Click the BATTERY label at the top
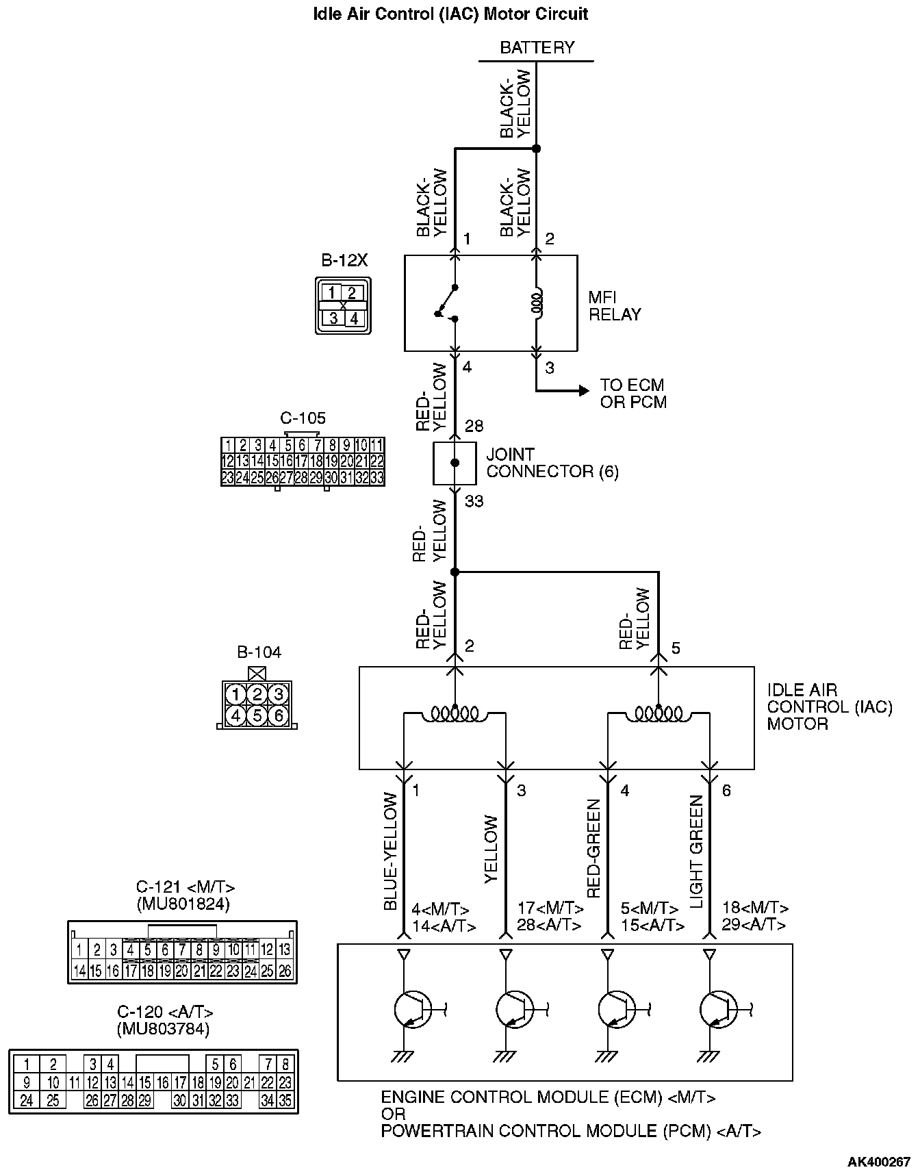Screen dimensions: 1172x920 point(537,48)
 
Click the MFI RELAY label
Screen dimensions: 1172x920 point(614,306)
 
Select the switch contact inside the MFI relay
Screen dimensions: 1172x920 point(446,302)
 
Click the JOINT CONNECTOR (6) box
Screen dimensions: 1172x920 point(455,463)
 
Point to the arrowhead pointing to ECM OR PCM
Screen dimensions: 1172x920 point(583,391)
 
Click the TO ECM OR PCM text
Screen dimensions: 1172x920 point(632,394)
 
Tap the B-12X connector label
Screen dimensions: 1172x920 point(344,260)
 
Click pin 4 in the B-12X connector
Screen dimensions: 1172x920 point(354,318)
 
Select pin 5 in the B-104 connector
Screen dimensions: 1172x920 point(257,715)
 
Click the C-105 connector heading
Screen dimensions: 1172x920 point(303,418)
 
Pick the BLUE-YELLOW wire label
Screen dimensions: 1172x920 point(390,851)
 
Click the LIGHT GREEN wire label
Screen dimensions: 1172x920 point(697,851)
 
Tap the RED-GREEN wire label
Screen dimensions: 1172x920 point(593,849)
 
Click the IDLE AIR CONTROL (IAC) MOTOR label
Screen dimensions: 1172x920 point(829,707)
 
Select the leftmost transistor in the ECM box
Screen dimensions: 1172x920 point(413,1009)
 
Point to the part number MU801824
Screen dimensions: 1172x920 point(183,904)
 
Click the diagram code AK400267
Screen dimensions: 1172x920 point(879,1162)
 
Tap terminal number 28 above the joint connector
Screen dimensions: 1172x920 point(474,426)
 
